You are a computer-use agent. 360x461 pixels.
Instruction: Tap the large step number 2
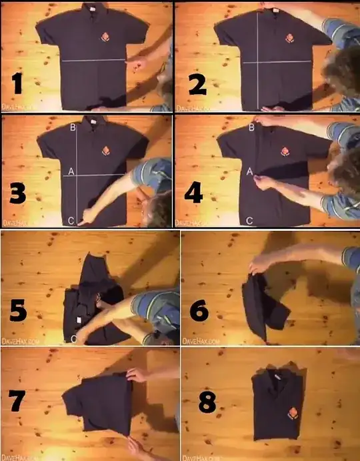[196, 84]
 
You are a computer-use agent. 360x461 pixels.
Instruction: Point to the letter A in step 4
[250, 172]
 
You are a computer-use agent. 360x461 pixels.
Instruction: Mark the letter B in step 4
[251, 127]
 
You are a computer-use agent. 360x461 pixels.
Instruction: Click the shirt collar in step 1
[88, 9]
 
